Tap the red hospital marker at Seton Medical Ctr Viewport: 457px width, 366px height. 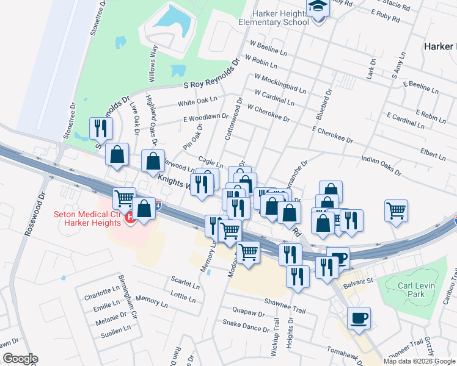130,218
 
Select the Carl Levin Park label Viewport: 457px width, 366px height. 407,290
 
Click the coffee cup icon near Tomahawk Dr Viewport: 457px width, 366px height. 359,318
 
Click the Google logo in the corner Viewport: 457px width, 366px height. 20,359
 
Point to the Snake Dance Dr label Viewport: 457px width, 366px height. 246,325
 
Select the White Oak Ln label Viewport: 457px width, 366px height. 197,101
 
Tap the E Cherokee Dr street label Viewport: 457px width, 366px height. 332,135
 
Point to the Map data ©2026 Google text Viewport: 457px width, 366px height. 419,361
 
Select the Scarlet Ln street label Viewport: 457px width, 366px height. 185,285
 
